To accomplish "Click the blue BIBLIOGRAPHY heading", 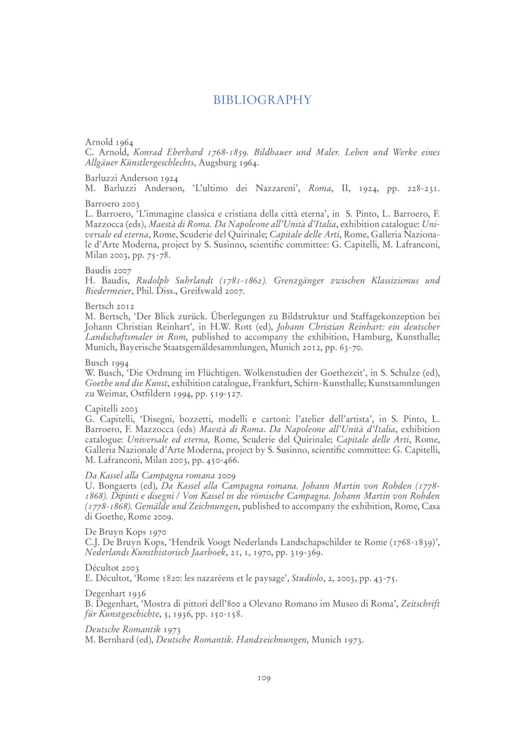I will point(262,99).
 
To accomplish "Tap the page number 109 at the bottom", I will point(264,678).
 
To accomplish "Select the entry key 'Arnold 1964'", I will point(109,142).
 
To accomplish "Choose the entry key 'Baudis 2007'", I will point(108,270).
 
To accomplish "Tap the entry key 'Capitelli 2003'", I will point(111,409).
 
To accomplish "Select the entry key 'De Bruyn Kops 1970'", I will point(126,532).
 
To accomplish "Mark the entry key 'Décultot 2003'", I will point(112,568).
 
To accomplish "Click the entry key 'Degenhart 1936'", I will point(115,593).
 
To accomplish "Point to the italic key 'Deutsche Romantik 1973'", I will point(132,629).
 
